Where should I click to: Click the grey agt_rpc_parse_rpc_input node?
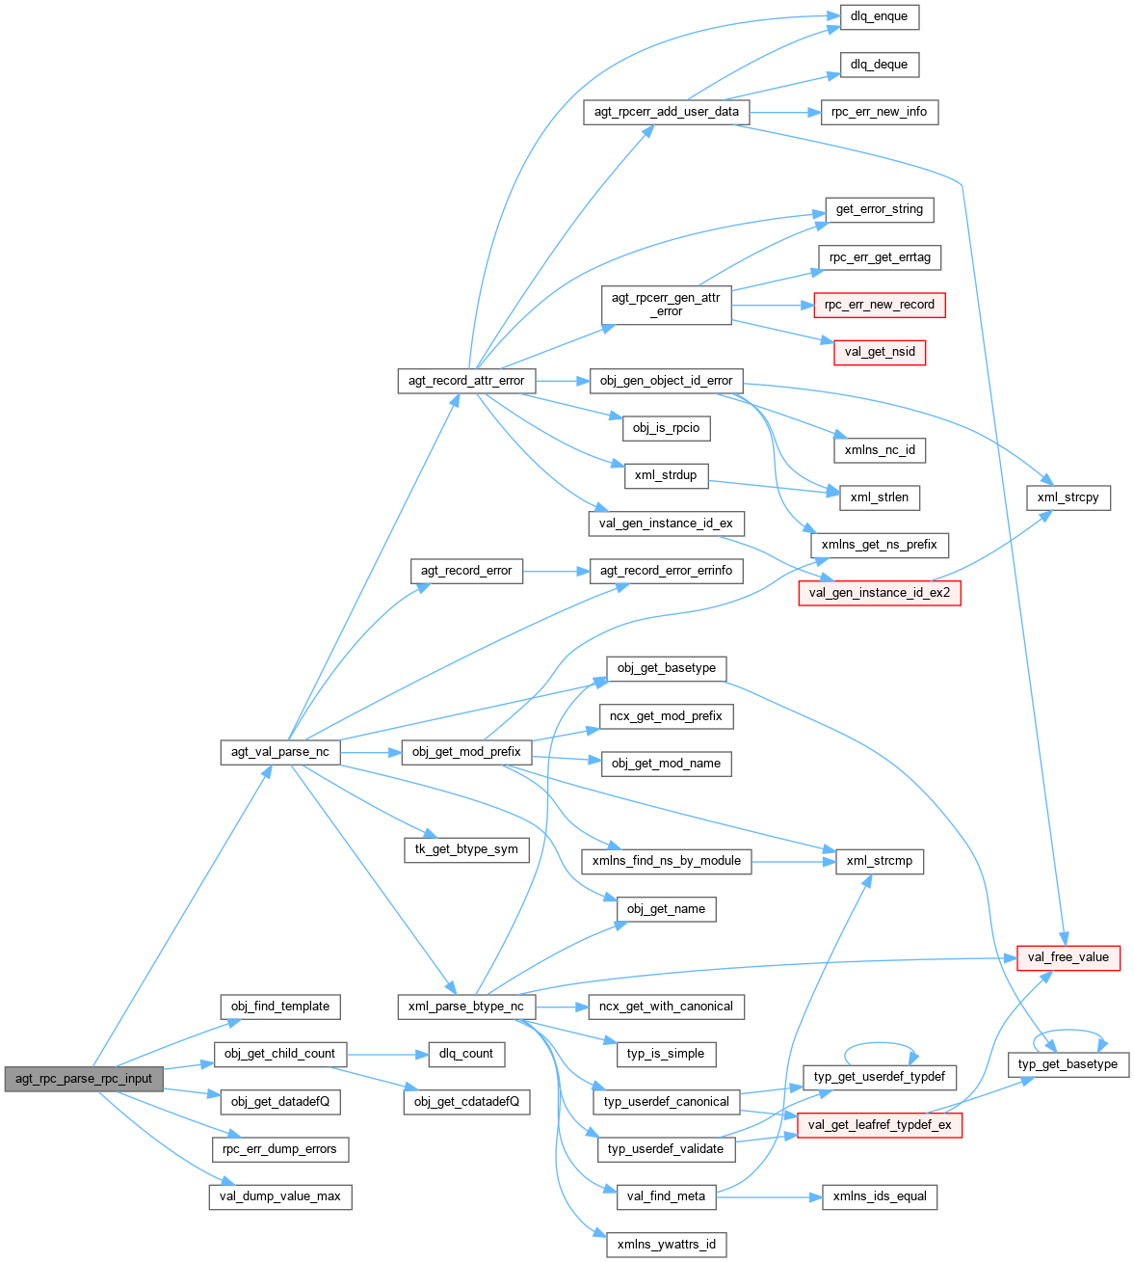tap(84, 1079)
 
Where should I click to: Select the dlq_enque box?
tap(879, 17)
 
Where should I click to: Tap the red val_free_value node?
tap(1068, 957)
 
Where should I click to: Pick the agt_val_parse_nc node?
tap(280, 752)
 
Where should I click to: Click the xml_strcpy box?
tap(1068, 497)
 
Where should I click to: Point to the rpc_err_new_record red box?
tap(879, 305)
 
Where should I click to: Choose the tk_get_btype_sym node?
tap(466, 849)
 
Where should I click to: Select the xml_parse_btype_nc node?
tap(466, 1007)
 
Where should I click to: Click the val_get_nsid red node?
tap(879, 353)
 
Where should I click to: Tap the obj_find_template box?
tap(280, 1007)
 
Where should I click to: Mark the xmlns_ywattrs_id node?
tap(666, 1245)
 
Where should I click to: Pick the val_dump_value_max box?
tap(280, 1196)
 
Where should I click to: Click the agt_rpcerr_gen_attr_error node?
tap(666, 305)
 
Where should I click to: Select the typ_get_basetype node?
tap(1068, 1064)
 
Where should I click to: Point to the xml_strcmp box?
tap(879, 861)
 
